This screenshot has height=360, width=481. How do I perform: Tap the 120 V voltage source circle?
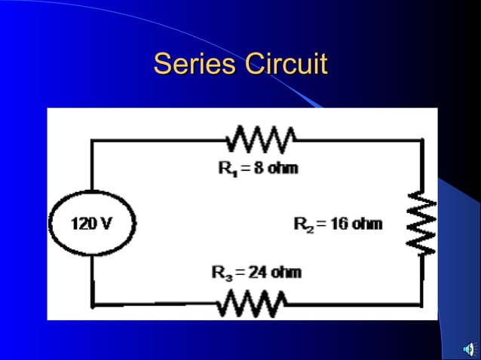tap(92, 224)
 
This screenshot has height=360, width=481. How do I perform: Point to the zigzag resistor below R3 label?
tap(252, 304)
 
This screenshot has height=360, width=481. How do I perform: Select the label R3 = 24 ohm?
tap(256, 272)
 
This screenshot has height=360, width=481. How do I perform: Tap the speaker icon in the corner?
tap(469, 349)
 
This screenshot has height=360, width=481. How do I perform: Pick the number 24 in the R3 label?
tap(257, 272)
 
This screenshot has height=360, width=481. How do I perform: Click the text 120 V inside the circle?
tap(92, 224)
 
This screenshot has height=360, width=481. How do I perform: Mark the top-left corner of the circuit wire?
tap(93, 140)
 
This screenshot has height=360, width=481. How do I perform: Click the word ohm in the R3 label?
tap(286, 272)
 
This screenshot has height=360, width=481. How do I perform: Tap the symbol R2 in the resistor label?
tap(303, 224)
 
